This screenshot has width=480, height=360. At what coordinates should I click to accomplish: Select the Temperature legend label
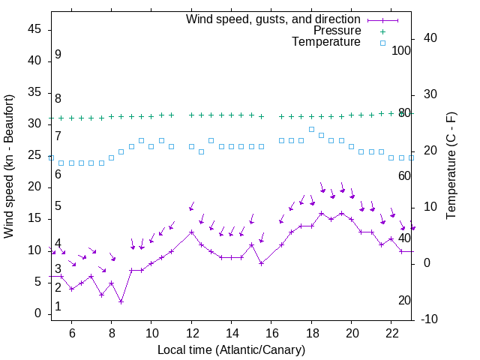point(326,42)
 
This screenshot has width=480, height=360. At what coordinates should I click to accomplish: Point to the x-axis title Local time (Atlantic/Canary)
point(231,349)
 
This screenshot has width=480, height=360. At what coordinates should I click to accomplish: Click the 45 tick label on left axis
point(34,29)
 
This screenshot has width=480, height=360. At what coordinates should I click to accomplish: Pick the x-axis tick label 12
point(191,334)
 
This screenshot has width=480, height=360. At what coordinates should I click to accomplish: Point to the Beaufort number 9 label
point(58,55)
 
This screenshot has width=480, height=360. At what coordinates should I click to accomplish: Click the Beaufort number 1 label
point(58,307)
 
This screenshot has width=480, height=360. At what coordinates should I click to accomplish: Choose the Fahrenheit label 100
point(402,50)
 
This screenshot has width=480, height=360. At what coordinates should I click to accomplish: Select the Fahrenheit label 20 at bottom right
point(404,300)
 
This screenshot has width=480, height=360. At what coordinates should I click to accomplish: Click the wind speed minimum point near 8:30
point(121,301)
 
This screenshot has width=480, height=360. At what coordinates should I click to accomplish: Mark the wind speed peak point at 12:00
point(191,232)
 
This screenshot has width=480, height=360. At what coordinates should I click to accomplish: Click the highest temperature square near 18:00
point(311,129)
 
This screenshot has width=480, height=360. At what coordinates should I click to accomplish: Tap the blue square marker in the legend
point(382,43)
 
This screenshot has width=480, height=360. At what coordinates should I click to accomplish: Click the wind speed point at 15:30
point(261,263)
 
